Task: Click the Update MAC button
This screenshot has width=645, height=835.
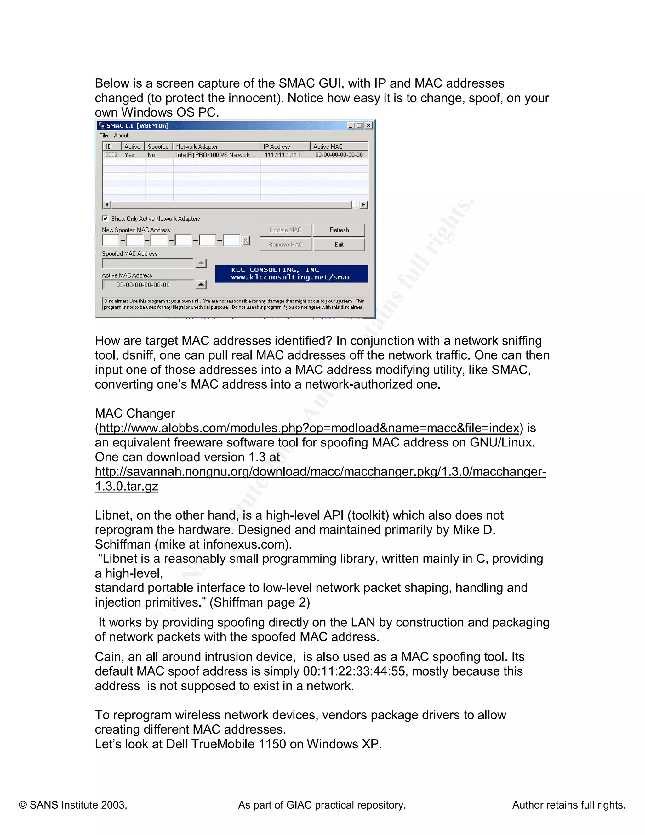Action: (285, 230)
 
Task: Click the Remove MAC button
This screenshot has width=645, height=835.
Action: (285, 244)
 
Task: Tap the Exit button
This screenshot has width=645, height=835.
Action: (339, 244)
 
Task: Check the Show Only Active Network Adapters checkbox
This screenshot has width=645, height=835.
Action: (106, 218)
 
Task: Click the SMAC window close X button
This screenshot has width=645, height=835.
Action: (368, 125)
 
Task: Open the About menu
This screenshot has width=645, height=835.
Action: (121, 135)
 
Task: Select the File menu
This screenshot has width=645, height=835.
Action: (104, 135)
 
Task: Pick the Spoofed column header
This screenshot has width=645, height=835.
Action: (158, 147)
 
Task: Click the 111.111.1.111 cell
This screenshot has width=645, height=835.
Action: (283, 155)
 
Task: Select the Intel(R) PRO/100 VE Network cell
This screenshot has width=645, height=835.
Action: (215, 155)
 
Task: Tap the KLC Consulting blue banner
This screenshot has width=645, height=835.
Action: (291, 274)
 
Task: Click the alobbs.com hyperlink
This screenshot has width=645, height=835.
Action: (309, 428)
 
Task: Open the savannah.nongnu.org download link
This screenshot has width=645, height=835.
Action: (320, 472)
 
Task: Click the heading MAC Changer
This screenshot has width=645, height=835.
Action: (135, 413)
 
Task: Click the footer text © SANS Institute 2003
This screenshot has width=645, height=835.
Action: (73, 805)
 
